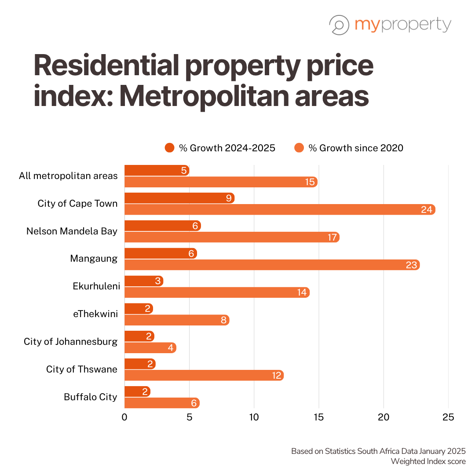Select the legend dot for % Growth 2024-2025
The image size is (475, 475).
(170, 148)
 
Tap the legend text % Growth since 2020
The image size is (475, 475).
(355, 148)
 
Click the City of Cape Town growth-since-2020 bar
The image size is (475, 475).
(280, 209)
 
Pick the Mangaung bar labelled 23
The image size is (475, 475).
(272, 265)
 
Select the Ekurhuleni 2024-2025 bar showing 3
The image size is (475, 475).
(144, 281)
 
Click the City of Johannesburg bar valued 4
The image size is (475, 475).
(150, 348)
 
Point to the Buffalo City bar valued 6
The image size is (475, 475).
(162, 403)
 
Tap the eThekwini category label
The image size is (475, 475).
(95, 314)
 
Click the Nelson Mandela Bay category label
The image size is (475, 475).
(72, 231)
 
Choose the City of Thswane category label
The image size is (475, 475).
(82, 369)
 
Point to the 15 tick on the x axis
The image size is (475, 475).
(319, 417)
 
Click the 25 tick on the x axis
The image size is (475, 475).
(448, 417)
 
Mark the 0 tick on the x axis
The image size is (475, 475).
(124, 417)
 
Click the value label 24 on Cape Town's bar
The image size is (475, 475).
(427, 210)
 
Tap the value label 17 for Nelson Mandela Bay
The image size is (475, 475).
(332, 237)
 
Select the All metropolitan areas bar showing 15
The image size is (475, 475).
(221, 182)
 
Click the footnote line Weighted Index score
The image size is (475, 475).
(428, 461)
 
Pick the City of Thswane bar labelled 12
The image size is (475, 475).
(204, 376)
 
